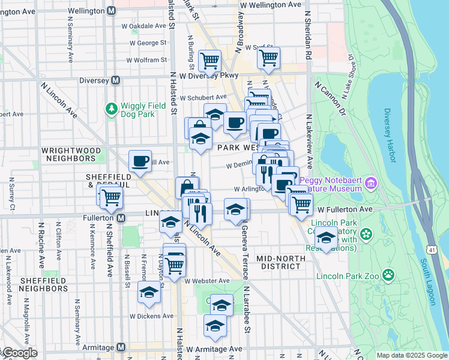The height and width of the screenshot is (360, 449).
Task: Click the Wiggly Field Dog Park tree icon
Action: pos(111,109)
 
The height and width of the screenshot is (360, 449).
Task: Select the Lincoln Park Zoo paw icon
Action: pos(389,275)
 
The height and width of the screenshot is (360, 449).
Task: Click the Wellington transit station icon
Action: pos(111,11)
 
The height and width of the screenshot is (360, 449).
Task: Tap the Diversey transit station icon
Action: pos(114,80)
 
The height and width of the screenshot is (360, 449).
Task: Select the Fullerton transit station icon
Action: pos(121,218)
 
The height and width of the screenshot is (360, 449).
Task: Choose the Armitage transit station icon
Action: pos(121,347)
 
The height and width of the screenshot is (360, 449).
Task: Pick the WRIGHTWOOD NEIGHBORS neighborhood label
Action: pos(68,154)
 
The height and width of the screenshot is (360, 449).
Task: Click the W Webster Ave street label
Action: pos(207,281)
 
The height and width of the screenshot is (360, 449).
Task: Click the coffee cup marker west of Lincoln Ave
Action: pos(140,161)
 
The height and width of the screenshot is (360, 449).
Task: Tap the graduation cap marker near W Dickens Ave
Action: pos(148,293)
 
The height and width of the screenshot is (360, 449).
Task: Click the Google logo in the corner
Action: pos(19,353)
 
